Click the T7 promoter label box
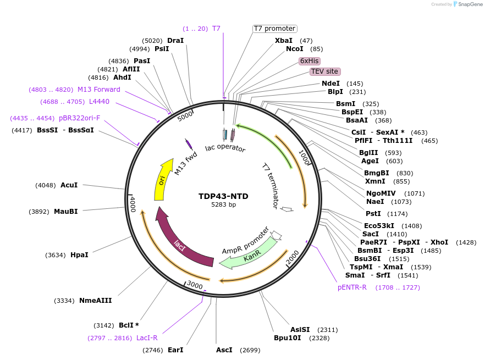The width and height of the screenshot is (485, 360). pyautogui.click(x=274, y=29)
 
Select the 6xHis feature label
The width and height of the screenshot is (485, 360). pyautogui.click(x=310, y=61)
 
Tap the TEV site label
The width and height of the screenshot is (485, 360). pyautogui.click(x=325, y=71)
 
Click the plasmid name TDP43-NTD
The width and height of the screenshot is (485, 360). pyautogui.click(x=223, y=196)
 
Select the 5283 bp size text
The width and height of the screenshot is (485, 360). pyautogui.click(x=223, y=205)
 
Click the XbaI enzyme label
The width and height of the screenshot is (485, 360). pyautogui.click(x=284, y=41)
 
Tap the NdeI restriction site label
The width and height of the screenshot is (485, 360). pyautogui.click(x=330, y=84)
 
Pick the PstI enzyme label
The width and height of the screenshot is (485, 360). pyautogui.click(x=373, y=213)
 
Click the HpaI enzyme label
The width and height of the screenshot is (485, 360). pyautogui.click(x=79, y=255)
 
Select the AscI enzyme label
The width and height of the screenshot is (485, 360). pyautogui.click(x=224, y=350)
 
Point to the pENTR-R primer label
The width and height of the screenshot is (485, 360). pyautogui.click(x=352, y=287)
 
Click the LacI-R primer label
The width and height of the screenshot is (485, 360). pyautogui.click(x=147, y=338)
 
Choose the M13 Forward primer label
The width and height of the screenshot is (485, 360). pyautogui.click(x=98, y=90)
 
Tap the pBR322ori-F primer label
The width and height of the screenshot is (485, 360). pyautogui.click(x=80, y=118)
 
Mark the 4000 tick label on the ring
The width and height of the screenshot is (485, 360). pyautogui.click(x=133, y=204)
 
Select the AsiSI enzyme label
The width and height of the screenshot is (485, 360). pyautogui.click(x=300, y=330)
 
